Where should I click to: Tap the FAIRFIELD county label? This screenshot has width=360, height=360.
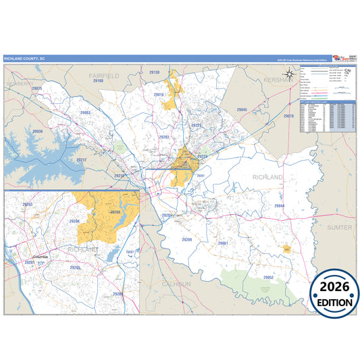point(104,75)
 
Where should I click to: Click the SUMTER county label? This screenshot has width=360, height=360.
point(339,228)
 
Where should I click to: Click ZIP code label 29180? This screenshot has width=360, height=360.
point(98,81)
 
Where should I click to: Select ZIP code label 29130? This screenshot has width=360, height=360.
point(154,72)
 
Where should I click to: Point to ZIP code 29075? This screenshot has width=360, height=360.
point(36,88)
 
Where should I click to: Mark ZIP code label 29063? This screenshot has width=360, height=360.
point(86,113)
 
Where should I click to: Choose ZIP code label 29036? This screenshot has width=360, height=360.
point(38,132)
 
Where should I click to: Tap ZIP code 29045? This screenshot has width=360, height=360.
point(242,109)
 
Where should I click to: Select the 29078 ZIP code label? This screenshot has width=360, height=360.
point(288,116)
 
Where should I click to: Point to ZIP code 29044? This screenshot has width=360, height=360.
point(279,205)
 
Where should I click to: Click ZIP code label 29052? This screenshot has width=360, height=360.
point(268,277)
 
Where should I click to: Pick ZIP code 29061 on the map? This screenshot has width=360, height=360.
point(223,242)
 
